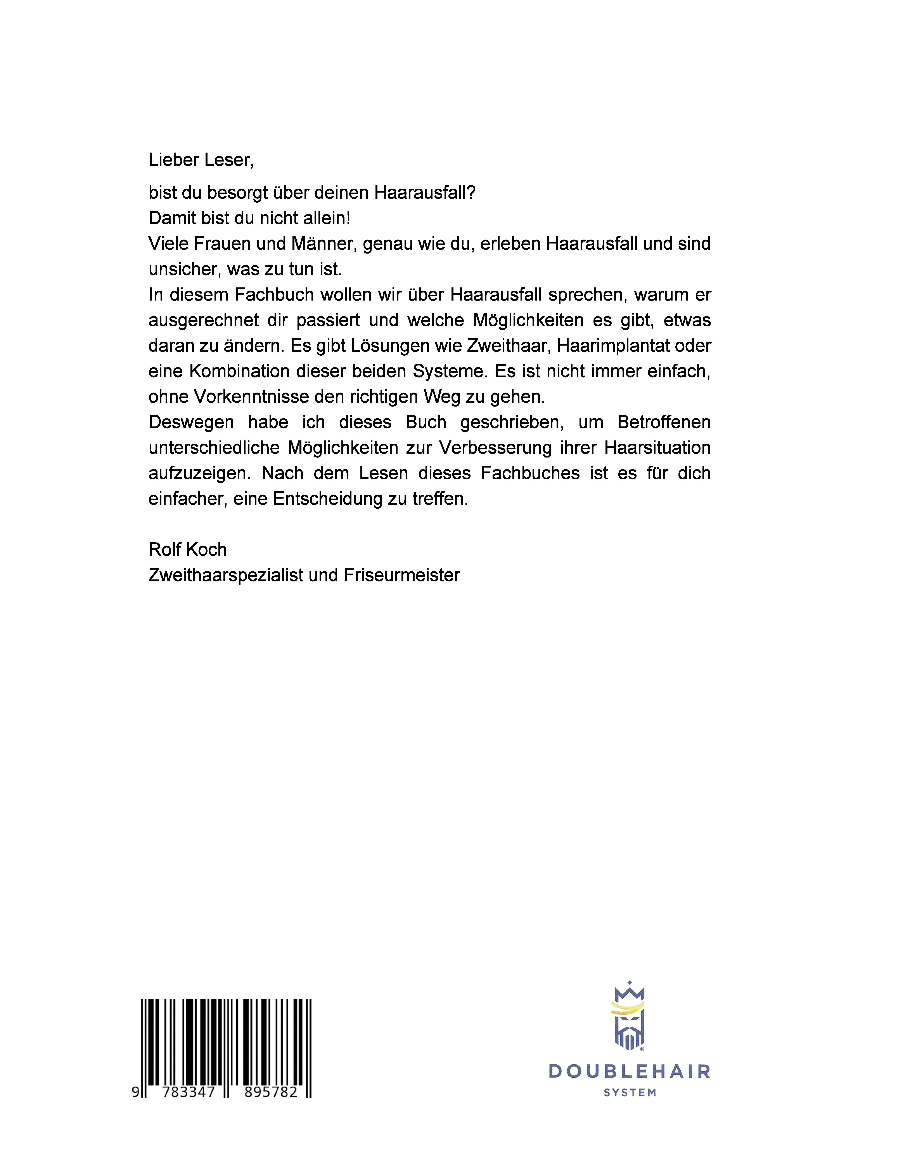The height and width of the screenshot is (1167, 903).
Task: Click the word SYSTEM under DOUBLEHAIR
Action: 630,1093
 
